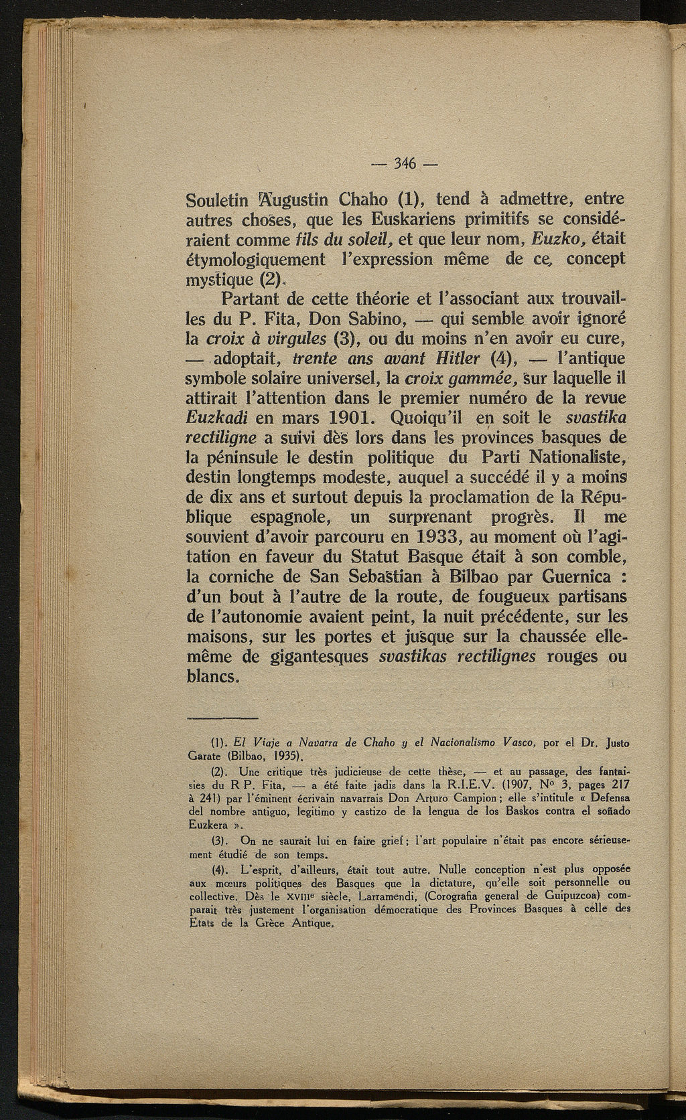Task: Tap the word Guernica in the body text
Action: point(581,576)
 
